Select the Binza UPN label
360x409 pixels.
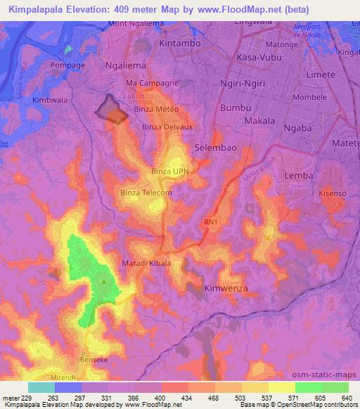coord(171,171)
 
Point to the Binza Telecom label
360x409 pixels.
coord(146,192)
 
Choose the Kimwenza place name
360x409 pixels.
coord(226,288)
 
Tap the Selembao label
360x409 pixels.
coord(215,148)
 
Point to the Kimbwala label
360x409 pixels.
coord(50,100)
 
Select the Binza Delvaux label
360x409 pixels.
coord(167,126)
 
